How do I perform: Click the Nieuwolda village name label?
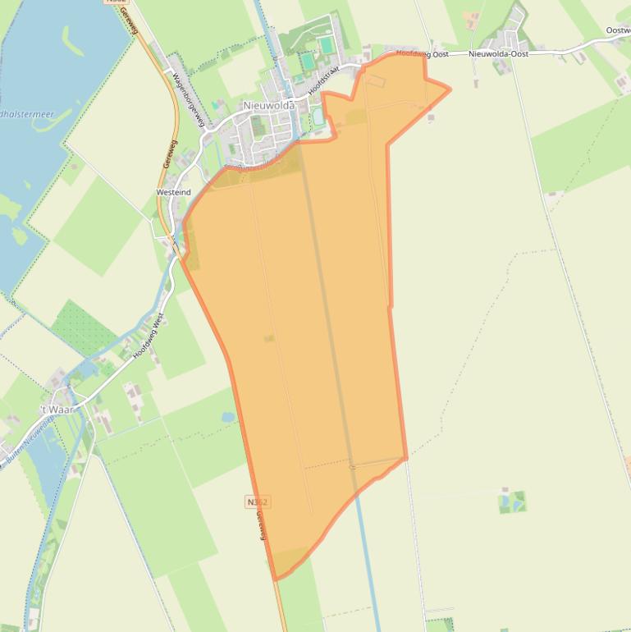coord(269,105)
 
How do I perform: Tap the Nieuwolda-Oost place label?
coord(498,53)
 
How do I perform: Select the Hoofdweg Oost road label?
coord(422,53)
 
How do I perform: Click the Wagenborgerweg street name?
coord(188,99)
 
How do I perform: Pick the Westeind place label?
coord(173,192)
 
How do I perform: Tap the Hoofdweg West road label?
coord(149,335)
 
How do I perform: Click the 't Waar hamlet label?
coord(57,408)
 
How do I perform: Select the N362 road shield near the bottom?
coord(257,501)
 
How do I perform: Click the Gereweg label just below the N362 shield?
coord(261,525)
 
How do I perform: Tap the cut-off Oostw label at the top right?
coord(618,30)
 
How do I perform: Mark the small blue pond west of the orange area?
coord(227,417)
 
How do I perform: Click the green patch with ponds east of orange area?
coord(511,501)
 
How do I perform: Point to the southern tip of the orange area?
coord(276,578)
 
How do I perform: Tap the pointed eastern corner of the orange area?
coord(448,88)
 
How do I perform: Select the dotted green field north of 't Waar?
coord(85,327)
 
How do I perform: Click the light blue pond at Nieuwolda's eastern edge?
coord(318,117)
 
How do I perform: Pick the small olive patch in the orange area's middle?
coord(269,338)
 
